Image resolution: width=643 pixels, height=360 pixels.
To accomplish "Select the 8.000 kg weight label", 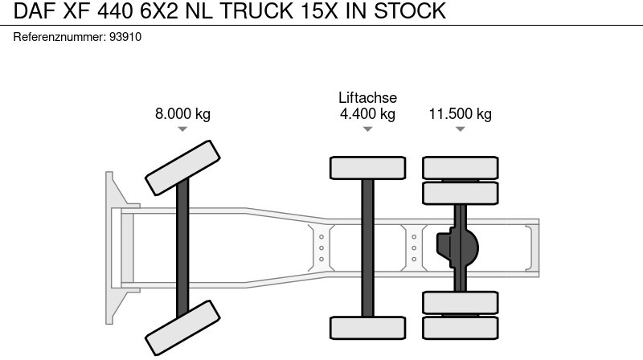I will pyautogui.click(x=182, y=114).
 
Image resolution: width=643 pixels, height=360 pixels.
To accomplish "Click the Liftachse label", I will pyautogui.click(x=367, y=98).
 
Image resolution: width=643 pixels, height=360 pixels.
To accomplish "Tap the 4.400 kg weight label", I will pyautogui.click(x=367, y=114).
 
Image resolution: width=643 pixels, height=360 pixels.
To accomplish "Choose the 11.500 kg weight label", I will pyautogui.click(x=460, y=114).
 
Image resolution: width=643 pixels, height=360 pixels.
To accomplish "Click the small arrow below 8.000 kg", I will pyautogui.click(x=182, y=129).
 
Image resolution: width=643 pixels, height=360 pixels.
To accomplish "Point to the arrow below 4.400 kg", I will pyautogui.click(x=367, y=129).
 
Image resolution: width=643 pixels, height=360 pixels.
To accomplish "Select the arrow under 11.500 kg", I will pyautogui.click(x=460, y=129).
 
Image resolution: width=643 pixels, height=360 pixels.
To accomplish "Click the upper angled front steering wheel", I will pyautogui.click(x=182, y=166).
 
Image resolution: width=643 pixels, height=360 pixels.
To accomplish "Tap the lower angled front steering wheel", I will pyautogui.click(x=182, y=327).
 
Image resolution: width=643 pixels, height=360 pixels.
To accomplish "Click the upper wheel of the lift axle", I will pyautogui.click(x=367, y=168).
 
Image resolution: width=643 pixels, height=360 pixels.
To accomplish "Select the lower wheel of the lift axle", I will pyautogui.click(x=367, y=328).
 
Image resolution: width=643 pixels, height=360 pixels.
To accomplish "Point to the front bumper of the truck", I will pyautogui.click(x=113, y=246).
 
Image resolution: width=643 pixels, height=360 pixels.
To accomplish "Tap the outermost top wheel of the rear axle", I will pyautogui.click(x=461, y=167).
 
